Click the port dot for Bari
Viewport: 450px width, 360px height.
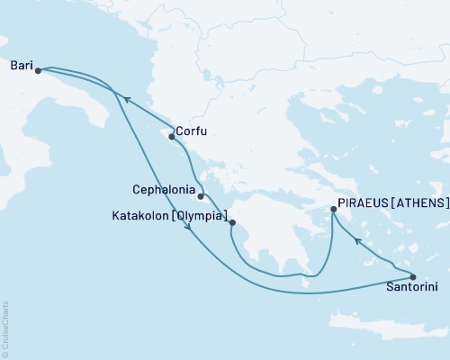point(38,71)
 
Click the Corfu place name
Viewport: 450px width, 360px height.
point(192,131)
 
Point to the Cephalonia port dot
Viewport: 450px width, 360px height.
point(202,196)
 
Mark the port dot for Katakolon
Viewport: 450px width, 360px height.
point(232,222)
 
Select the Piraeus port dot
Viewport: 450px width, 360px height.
point(334,210)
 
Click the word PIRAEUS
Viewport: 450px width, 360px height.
point(365,203)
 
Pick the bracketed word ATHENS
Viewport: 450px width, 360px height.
point(423,203)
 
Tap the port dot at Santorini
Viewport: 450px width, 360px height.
point(413,276)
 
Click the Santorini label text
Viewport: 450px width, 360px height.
point(411,289)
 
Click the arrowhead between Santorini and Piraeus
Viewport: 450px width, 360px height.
point(357,240)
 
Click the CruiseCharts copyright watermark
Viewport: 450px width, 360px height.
point(5,328)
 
